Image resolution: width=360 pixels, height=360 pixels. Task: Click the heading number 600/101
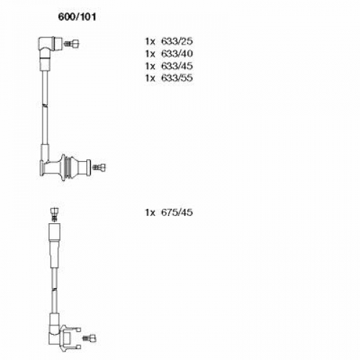pos(77,17)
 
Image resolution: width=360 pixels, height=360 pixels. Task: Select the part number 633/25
pos(177,41)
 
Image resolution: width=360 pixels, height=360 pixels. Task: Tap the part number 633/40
pos(177,53)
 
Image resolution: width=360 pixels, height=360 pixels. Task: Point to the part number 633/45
pos(177,66)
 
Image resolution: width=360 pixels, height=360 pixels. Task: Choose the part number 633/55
pos(177,78)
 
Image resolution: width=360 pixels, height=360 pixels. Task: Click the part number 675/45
pos(177,212)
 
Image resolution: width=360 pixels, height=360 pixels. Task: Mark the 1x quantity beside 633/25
pos(150,42)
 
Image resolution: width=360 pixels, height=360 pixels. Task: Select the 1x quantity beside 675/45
pos(150,212)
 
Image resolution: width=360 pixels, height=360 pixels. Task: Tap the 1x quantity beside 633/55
pos(150,78)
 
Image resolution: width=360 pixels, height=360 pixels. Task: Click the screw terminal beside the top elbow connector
pos(71,44)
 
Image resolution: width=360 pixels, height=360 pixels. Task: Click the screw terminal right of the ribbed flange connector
pos(99,167)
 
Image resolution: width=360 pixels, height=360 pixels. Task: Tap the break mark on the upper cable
pos(45,105)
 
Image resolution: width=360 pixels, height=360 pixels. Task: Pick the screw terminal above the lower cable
pos(55,215)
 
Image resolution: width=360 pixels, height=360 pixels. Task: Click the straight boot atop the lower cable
pos(54,246)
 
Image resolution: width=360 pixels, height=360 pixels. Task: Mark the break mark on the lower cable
pos(55,290)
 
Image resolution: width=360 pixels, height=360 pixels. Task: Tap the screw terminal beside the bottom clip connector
pos(89,338)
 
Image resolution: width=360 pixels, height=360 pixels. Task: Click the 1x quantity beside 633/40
pos(150,54)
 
